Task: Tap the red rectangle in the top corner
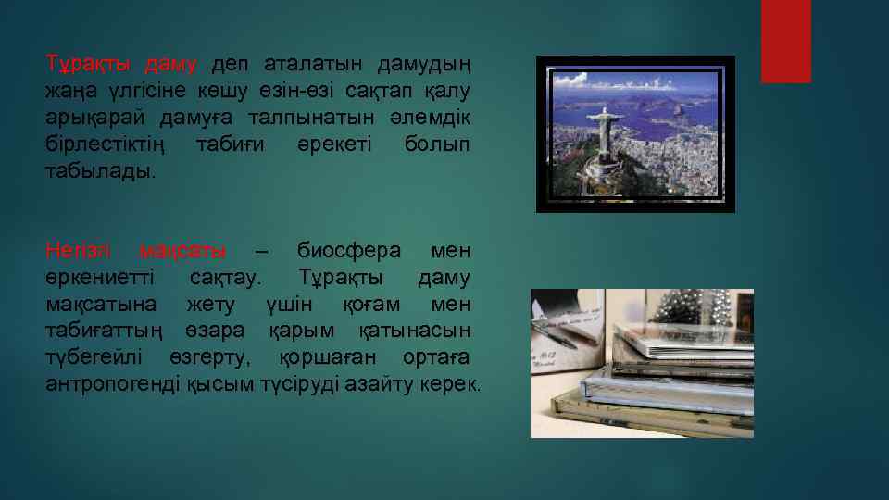tap(785, 41)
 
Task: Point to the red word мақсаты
tap(182, 251)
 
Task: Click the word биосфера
tap(349, 251)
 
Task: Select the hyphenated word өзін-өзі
tap(316, 92)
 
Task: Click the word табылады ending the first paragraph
tap(102, 172)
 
